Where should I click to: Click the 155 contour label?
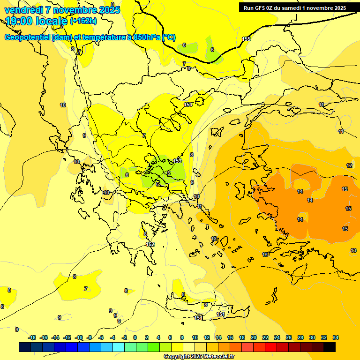247,39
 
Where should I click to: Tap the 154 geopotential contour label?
188,105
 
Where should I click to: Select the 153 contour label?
177,161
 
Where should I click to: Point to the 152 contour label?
150,244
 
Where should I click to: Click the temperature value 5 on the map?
169,173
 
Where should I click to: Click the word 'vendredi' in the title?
22,9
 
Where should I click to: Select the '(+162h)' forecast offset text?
83,21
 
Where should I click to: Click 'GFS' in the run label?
261,7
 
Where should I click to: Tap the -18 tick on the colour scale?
32,337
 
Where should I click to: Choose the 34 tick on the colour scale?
336,337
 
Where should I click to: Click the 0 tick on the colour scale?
135,337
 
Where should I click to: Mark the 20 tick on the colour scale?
254,337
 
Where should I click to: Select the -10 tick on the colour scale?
79,337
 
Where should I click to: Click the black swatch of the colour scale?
330,347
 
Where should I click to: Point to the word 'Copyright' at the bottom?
177,357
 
